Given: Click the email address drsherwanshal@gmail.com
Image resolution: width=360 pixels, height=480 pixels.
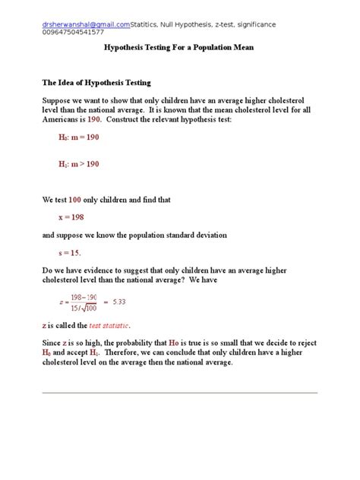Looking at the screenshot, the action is (84, 24).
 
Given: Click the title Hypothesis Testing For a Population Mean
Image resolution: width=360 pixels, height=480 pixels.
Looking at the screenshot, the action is (178, 48).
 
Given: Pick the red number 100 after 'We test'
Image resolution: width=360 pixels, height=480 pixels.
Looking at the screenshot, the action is (74, 200).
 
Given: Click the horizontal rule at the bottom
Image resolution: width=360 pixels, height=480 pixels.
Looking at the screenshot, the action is (179, 393).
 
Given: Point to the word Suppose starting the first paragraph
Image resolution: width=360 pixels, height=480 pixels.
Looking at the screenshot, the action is (57, 101).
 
